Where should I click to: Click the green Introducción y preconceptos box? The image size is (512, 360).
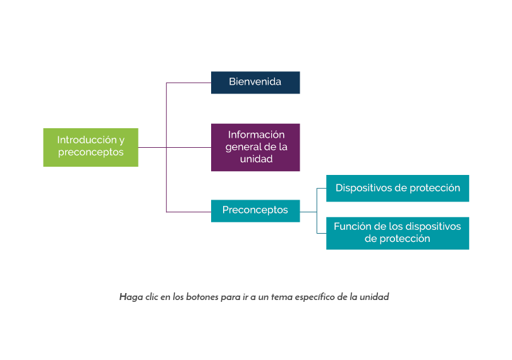pyautogui.click(x=90, y=147)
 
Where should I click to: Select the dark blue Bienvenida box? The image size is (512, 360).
pyautogui.click(x=255, y=82)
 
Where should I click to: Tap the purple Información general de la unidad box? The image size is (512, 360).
pyautogui.click(x=255, y=147)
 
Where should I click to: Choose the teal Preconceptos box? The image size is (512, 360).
pyautogui.click(x=255, y=210)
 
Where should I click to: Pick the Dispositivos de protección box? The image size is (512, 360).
pyautogui.click(x=398, y=188)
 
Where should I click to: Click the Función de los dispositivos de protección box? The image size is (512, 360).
pyautogui.click(x=398, y=233)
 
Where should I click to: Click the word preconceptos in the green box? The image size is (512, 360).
pyautogui.click(x=90, y=153)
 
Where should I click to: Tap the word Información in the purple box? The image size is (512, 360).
pyautogui.click(x=256, y=135)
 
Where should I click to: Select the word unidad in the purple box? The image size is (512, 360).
pyautogui.click(x=256, y=159)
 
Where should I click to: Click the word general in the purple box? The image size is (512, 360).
pyautogui.click(x=242, y=147)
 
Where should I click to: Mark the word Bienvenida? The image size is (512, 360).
pyautogui.click(x=255, y=82)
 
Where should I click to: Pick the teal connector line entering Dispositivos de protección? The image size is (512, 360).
pyautogui.click(x=320, y=188)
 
